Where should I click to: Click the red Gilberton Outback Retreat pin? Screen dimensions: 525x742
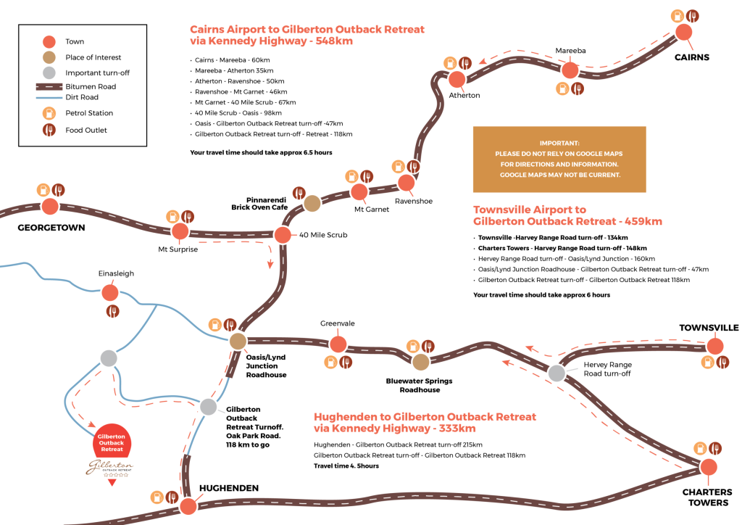[x=112, y=439]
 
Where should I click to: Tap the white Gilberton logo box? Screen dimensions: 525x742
[x=110, y=468]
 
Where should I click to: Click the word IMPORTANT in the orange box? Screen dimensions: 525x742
[x=559, y=144]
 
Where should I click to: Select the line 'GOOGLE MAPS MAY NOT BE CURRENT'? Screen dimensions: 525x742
[x=559, y=175]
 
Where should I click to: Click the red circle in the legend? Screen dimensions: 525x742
[x=49, y=41]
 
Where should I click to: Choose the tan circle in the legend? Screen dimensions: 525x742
[x=49, y=57]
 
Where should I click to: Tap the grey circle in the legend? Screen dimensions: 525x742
[x=49, y=73]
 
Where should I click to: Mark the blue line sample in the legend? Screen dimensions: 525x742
[x=49, y=98]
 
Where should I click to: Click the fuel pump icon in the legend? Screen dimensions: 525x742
[x=49, y=113]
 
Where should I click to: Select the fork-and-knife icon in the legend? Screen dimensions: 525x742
[x=49, y=130]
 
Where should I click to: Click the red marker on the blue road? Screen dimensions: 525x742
[x=110, y=292]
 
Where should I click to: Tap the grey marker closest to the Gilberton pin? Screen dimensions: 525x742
[x=109, y=357]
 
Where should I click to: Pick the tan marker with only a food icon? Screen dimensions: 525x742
[x=312, y=204]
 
